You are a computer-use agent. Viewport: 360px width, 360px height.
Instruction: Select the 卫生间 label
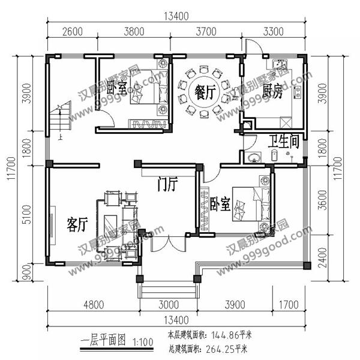pyautogui.click(x=284, y=142)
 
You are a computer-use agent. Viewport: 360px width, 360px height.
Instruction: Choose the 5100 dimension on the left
pyautogui.click(x=25, y=214)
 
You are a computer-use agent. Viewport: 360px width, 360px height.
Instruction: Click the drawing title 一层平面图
pyautogui.click(x=102, y=341)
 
